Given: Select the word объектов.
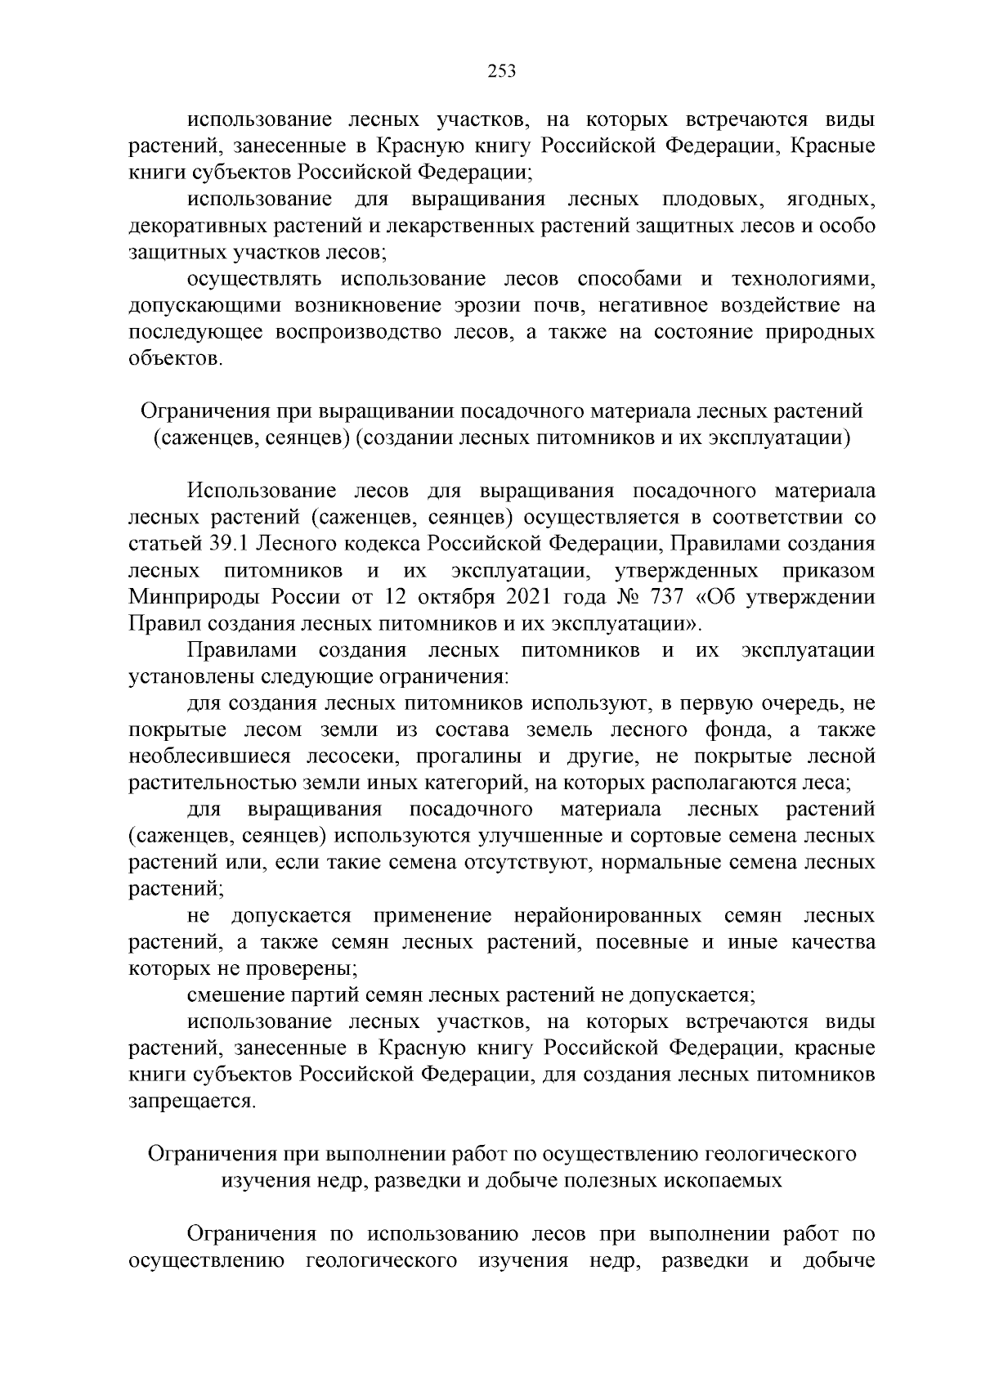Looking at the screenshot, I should [175, 359].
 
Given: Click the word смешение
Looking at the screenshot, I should [236, 995].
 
